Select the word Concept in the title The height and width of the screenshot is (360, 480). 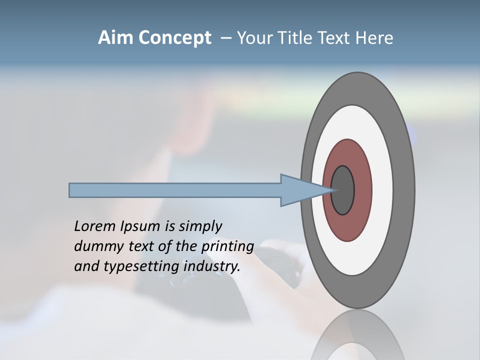(174, 38)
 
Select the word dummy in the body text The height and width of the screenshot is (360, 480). (95, 246)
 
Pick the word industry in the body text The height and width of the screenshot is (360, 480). (212, 267)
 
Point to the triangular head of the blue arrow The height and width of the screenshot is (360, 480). (300, 190)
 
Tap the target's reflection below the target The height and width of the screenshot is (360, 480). (357, 337)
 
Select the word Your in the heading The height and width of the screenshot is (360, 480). (253, 38)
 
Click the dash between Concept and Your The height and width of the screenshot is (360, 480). (225, 38)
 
